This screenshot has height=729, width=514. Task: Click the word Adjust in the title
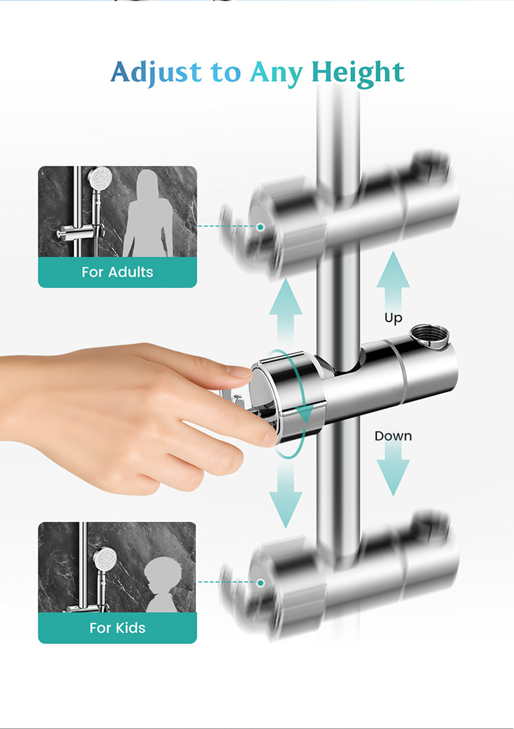pos(156,73)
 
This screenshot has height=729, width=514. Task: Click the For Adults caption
pos(117,272)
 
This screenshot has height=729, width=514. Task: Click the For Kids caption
pos(117,628)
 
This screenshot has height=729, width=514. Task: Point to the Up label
pos(393,319)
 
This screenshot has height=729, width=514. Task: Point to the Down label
pos(393,436)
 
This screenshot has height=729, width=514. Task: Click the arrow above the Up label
pos(393,280)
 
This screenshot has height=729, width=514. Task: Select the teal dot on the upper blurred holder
pos(261,227)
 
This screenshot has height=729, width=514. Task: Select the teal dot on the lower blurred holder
pos(261,582)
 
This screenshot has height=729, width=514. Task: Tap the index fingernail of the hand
pos(238,371)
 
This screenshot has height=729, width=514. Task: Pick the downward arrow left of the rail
pos(286,493)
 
